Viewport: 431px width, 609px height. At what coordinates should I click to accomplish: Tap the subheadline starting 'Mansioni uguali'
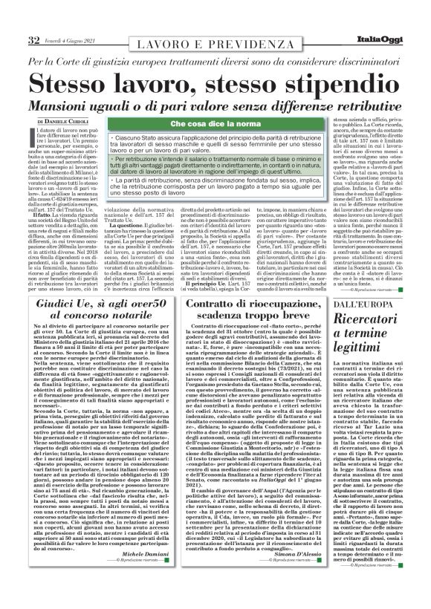click(215, 105)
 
